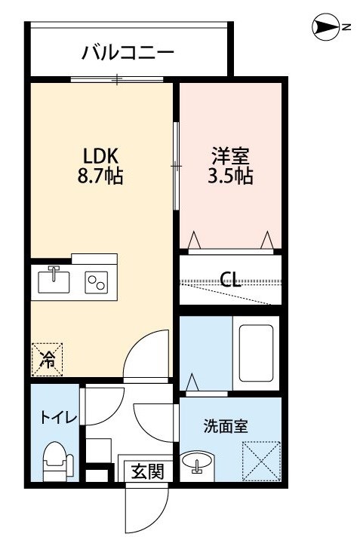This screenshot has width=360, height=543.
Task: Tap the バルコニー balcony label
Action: pos(128,53)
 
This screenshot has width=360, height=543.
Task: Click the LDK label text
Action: pos(101,156)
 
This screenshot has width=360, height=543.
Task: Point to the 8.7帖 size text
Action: pos(100,176)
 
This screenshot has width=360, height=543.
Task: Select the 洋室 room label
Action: pos(231,156)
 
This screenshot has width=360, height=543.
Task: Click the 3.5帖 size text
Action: pos(230,176)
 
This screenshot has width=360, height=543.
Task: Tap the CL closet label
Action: pos(231,280)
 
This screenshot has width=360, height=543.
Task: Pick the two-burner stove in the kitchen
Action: pos(97,282)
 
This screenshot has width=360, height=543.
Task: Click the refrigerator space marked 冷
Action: pos(47,360)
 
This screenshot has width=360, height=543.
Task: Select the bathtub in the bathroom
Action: pos(256,352)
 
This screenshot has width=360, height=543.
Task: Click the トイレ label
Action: pos(59,418)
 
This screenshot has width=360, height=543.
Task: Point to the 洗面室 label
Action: pos(226,426)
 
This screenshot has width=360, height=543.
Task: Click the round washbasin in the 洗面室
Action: pos(197,462)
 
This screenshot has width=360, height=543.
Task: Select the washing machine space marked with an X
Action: pos(261,461)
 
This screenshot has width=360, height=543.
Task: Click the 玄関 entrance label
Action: pos(148,471)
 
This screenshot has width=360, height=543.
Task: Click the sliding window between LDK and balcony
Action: pos(117,79)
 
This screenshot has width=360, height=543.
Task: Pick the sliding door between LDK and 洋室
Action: pos(176,166)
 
